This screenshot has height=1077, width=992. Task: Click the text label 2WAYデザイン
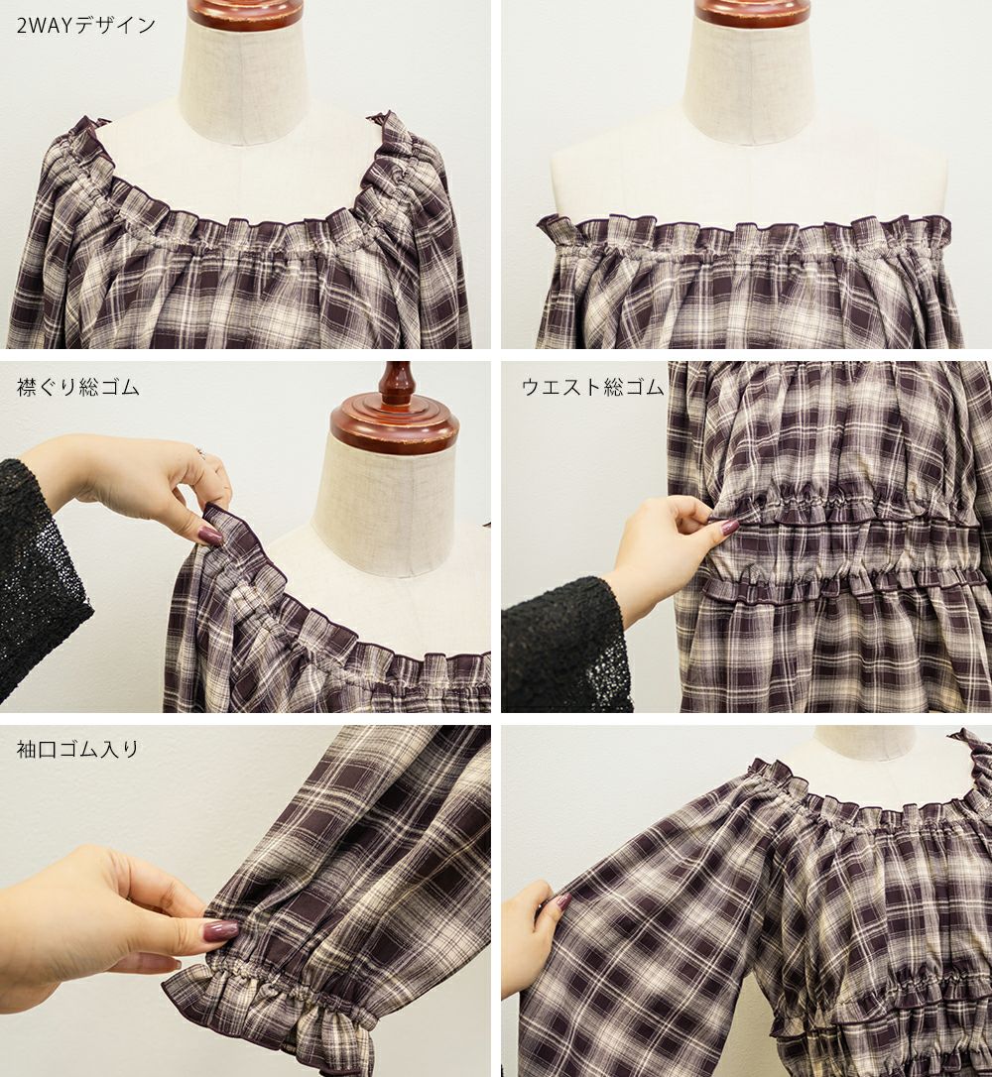tap(86, 26)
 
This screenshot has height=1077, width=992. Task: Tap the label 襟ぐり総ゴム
tap(77, 388)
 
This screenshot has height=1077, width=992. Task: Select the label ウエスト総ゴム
tap(593, 388)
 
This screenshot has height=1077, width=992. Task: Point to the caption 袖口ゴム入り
tap(77, 749)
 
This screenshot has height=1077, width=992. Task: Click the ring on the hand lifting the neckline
tap(202, 451)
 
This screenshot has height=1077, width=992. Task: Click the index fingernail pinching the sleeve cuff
tap(222, 929)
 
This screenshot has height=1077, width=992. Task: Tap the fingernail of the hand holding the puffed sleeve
tap(561, 899)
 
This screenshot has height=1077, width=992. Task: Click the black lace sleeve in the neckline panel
tap(38, 584)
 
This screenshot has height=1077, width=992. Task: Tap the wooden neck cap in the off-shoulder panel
tap(753, 12)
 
